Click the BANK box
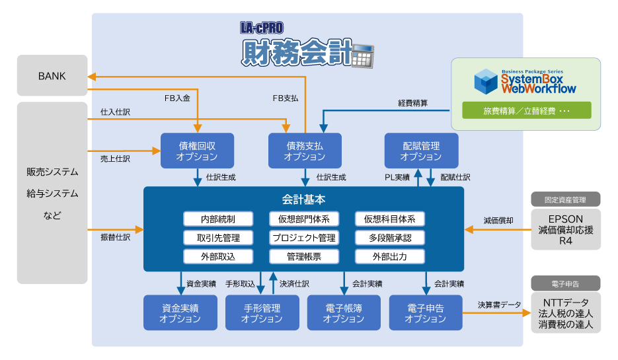(x=52, y=76)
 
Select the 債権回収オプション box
(x=197, y=151)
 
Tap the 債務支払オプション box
(x=305, y=151)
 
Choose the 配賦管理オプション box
(x=421, y=151)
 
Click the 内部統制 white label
(x=217, y=219)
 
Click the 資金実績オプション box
(x=180, y=312)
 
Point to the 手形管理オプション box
(x=262, y=312)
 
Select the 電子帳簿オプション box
(x=344, y=312)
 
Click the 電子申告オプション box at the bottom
(x=426, y=312)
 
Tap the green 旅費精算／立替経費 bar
(x=526, y=110)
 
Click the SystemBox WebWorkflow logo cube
(x=486, y=81)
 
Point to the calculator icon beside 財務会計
(x=362, y=56)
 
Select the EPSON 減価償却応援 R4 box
(x=565, y=230)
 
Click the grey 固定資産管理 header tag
(x=565, y=199)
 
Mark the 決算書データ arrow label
(x=499, y=305)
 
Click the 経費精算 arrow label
(x=412, y=103)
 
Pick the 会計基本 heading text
(x=303, y=199)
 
